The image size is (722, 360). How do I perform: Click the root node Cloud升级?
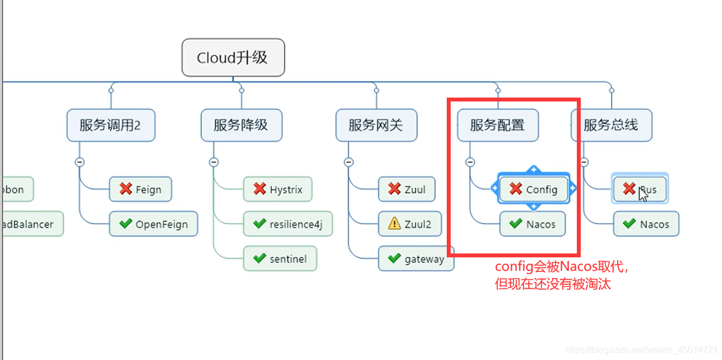tap(233, 57)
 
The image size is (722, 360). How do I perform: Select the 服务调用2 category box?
tap(110, 125)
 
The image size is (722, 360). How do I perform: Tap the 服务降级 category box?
tap(241, 125)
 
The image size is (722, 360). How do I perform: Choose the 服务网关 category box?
tap(376, 125)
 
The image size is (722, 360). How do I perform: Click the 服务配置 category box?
tap(497, 125)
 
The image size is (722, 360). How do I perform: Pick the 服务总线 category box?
tap(611, 125)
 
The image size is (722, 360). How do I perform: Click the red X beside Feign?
tap(126, 190)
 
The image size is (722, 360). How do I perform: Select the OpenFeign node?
tap(153, 224)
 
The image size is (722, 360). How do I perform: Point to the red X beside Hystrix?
tap(259, 190)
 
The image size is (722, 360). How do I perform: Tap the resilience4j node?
tap(288, 224)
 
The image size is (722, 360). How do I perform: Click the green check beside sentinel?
tap(259, 259)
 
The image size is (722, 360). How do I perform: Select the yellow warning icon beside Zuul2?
tap(394, 224)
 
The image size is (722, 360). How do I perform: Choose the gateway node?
tap(416, 259)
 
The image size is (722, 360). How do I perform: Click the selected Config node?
tap(534, 190)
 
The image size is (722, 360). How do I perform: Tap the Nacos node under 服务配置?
tap(533, 224)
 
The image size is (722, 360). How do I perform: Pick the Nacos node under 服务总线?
tap(646, 224)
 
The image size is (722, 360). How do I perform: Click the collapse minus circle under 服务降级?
tap(213, 162)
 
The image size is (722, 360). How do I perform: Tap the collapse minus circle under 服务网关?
tap(348, 162)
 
